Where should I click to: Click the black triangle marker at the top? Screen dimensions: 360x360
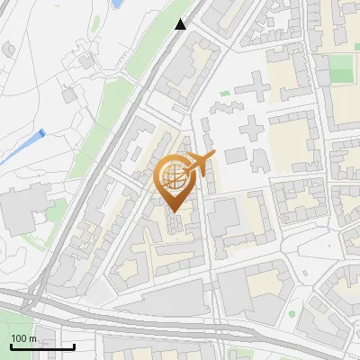tap(181, 24)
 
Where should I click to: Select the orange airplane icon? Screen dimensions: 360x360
tap(200, 163)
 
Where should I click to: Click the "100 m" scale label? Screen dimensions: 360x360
tap(23, 337)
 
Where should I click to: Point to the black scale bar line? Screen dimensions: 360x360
tap(42, 347)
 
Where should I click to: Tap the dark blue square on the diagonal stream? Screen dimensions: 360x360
tap(41, 134)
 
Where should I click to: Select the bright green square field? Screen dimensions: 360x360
tap(341, 67)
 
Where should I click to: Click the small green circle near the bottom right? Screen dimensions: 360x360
tap(292, 314)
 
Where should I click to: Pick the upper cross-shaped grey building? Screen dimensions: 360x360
tap(255, 90)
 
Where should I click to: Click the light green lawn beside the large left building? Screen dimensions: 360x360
tap(56, 212)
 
